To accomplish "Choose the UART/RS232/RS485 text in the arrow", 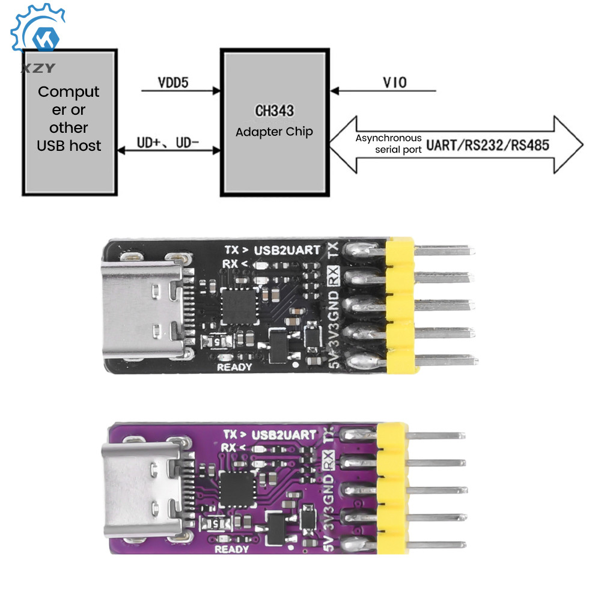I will [x=488, y=145].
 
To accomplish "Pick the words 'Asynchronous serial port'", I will [x=389, y=144].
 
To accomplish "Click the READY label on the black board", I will [x=234, y=367].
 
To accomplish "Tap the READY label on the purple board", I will [x=231, y=549].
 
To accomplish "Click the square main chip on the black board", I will [x=240, y=305].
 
